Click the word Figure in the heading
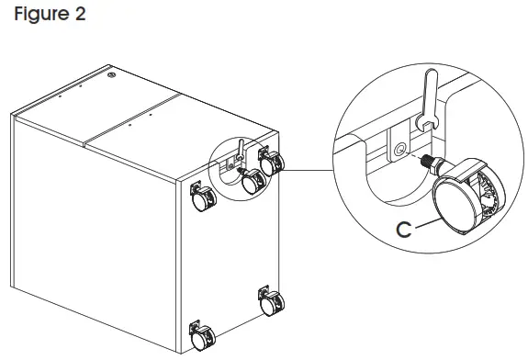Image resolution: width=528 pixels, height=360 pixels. click(x=39, y=17)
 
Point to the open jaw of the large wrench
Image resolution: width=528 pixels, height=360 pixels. click(x=425, y=124)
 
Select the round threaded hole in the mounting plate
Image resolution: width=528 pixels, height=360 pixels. click(x=398, y=147)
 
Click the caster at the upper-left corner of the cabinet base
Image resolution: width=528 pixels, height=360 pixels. click(x=201, y=194)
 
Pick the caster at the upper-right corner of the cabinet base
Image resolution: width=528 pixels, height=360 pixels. click(x=272, y=163)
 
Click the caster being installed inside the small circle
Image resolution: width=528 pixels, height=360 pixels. click(x=250, y=182)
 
